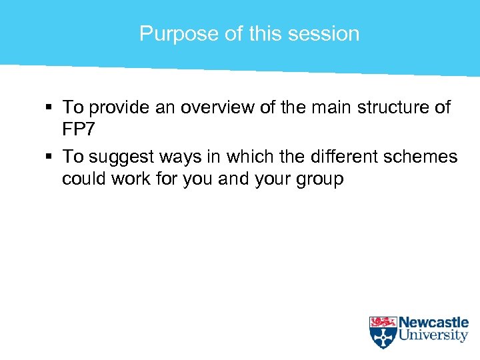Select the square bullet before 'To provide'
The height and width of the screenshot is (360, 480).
50,107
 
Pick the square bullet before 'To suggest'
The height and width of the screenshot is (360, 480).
50,157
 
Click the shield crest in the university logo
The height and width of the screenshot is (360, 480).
383,332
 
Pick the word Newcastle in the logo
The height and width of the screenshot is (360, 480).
433,323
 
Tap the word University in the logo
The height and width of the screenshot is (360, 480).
433,336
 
